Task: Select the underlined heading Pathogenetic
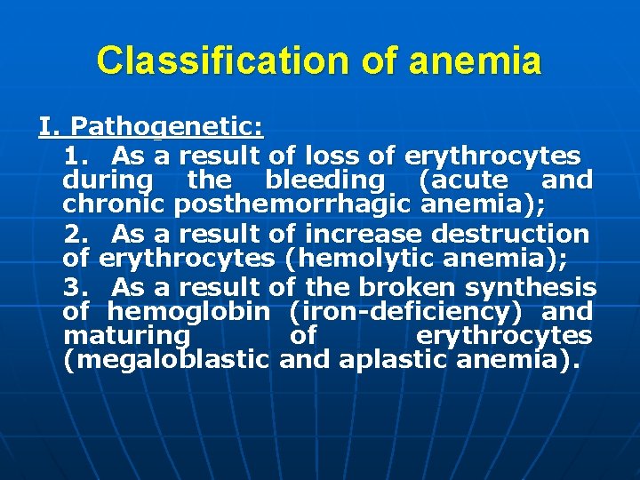166,128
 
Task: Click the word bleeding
324,181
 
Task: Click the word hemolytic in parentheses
360,259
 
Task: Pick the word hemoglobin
188,312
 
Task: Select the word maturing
126,336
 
